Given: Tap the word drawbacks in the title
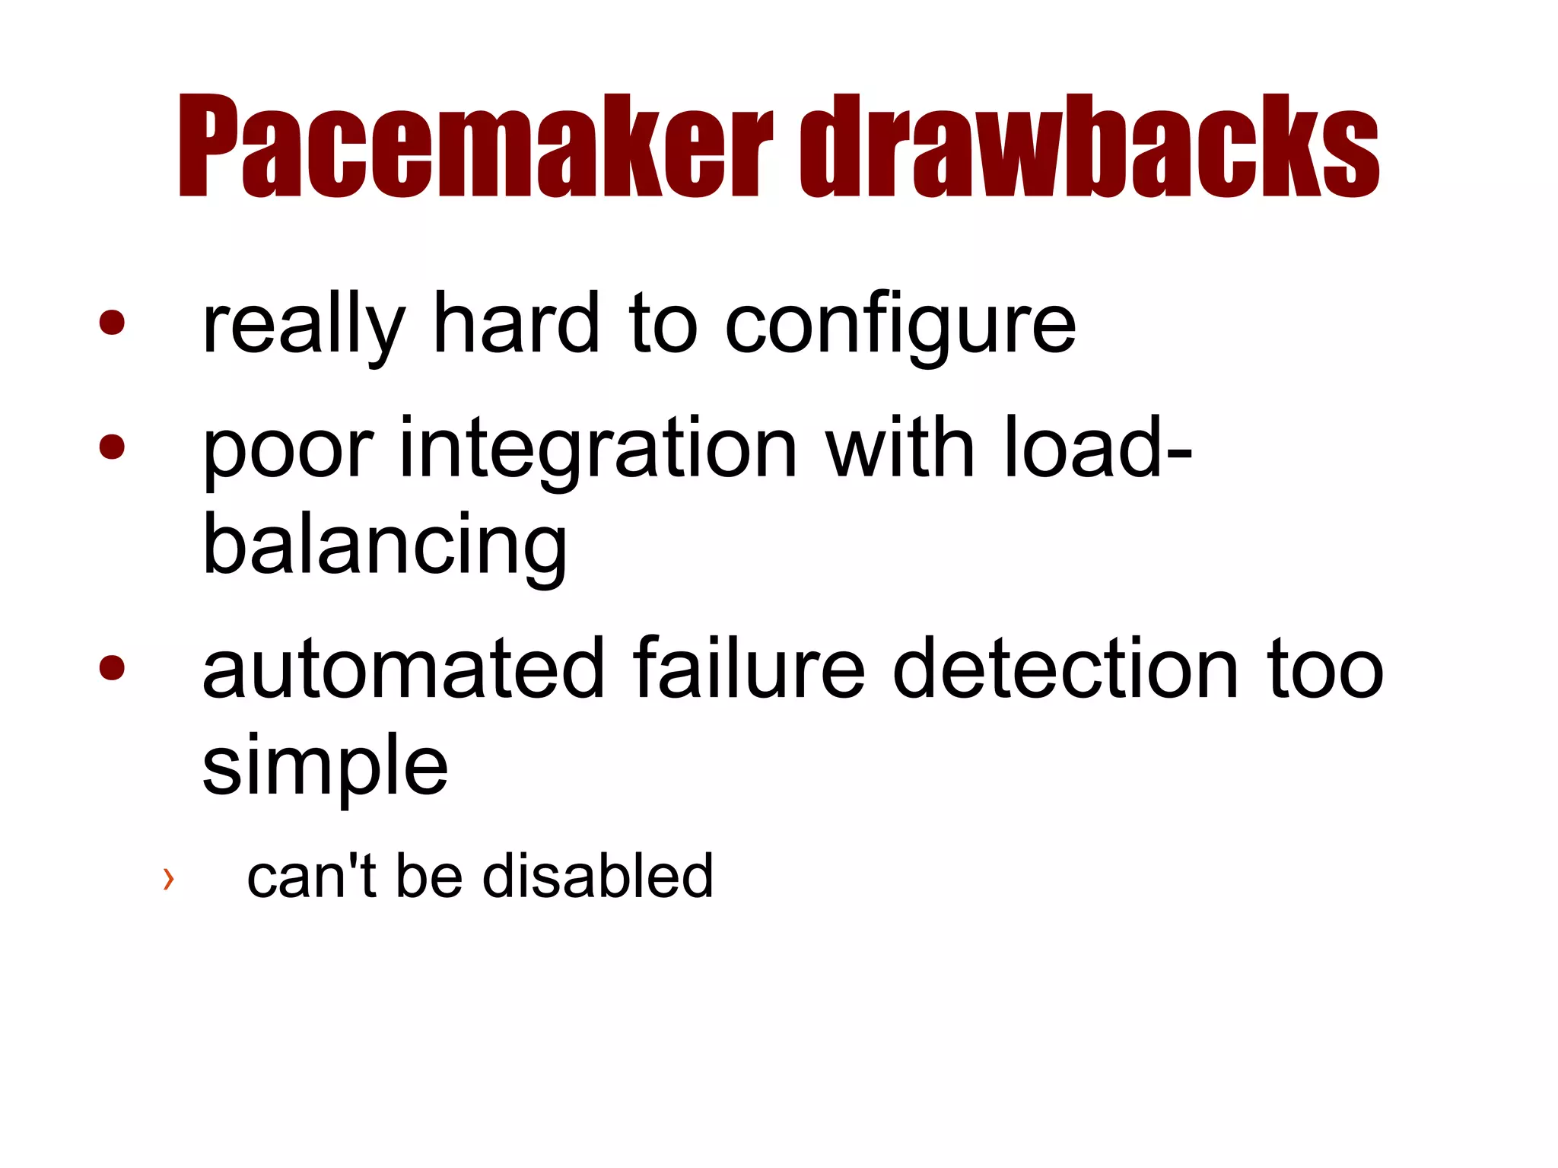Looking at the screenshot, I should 1089,146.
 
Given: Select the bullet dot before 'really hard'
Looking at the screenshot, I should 112,322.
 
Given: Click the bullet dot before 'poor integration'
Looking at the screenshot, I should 112,447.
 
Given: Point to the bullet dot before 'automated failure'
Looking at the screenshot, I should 112,667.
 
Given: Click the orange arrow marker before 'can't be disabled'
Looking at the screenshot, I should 168,879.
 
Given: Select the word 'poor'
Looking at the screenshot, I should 288,450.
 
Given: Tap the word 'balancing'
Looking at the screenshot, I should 385,546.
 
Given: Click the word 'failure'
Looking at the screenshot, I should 749,669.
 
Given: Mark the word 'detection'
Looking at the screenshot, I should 1065,669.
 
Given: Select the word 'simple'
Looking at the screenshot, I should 326,767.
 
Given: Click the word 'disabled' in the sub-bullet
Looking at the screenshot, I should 598,876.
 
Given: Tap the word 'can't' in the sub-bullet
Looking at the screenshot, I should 311,876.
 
